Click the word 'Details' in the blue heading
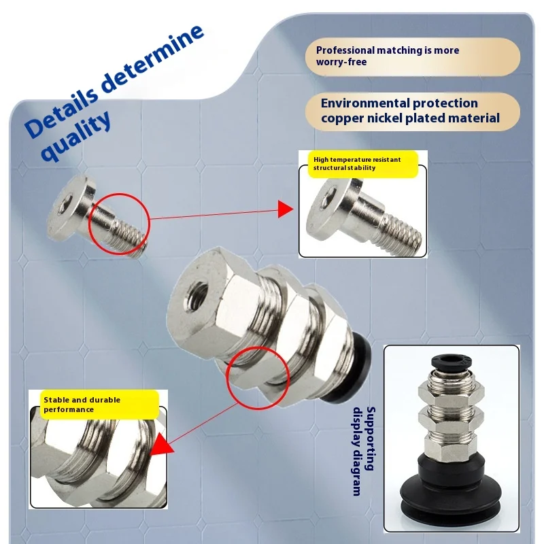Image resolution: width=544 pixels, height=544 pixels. (x=62, y=110)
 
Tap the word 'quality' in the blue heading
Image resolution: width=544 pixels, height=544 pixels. (x=76, y=137)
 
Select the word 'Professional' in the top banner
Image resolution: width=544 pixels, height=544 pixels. (x=345, y=50)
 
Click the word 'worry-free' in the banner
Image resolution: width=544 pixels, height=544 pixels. (x=341, y=62)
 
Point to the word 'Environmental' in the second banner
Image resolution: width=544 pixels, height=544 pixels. (x=364, y=103)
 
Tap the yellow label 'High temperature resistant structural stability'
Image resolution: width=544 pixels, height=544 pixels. (x=362, y=164)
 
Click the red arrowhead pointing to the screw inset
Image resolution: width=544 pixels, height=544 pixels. (x=285, y=209)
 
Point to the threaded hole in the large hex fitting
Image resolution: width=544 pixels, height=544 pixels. (x=197, y=296)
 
